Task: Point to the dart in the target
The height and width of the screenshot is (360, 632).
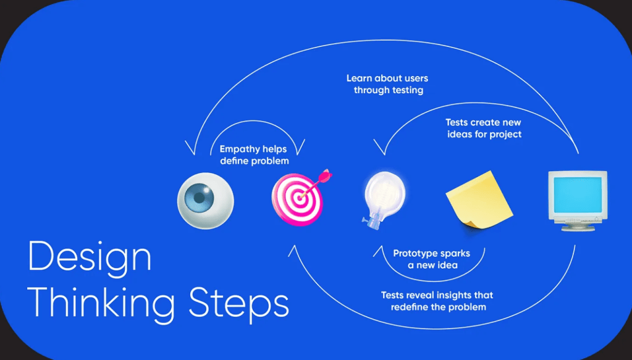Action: click(x=319, y=181)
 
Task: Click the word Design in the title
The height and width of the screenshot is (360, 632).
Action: click(x=90, y=256)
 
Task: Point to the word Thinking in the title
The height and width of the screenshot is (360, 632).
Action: click(x=101, y=301)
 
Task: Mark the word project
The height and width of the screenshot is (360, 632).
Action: click(x=505, y=134)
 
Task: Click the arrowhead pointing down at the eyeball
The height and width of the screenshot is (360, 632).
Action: click(x=192, y=151)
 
